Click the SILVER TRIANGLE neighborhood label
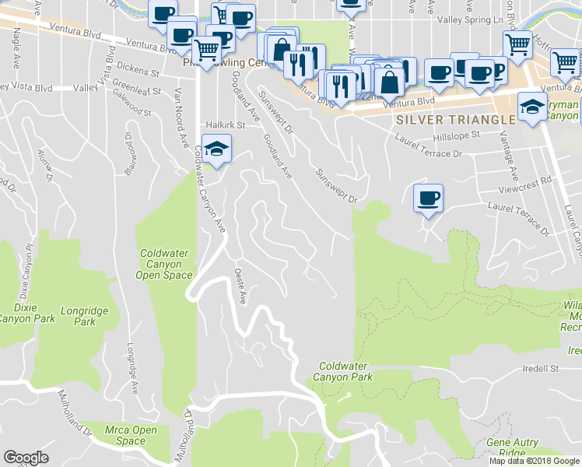(455, 120)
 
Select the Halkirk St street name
(226, 125)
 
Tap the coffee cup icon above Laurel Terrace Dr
(427, 198)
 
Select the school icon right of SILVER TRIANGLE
(531, 107)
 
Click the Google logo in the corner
(26, 458)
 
